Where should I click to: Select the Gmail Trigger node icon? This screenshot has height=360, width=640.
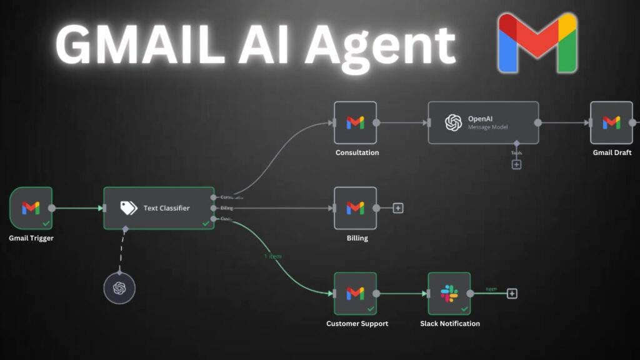[x=31, y=208]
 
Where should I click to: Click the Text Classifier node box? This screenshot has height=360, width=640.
[x=159, y=208]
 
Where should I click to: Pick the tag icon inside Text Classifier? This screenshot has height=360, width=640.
[x=129, y=208]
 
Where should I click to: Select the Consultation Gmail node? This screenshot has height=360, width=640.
[x=355, y=122]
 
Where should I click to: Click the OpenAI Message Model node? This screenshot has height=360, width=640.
[x=483, y=122]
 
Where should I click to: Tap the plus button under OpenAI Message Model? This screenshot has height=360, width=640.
[x=516, y=164]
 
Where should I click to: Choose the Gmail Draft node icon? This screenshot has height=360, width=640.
[x=611, y=122]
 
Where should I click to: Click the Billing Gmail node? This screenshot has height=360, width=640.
[x=355, y=208]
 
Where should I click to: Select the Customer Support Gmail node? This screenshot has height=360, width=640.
[x=355, y=293]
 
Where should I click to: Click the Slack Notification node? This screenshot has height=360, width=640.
[x=449, y=293]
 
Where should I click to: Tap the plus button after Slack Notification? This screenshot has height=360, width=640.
[x=512, y=293]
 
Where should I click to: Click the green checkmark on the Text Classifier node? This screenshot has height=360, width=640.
[x=206, y=223]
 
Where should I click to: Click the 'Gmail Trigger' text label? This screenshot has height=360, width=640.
[x=31, y=238]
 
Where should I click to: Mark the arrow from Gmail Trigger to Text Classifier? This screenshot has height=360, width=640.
[x=78, y=208]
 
